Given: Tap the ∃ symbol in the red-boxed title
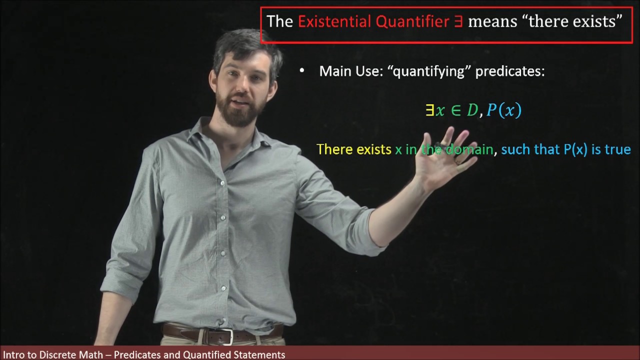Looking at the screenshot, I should click(458, 22).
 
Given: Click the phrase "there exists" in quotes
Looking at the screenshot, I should click(575, 21).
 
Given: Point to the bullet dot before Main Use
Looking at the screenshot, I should click(301, 71).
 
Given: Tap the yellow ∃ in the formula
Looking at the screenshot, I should click(429, 110).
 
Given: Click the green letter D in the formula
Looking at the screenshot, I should click(472, 110).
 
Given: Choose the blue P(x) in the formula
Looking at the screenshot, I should click(503, 110).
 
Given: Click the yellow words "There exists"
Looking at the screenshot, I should click(353, 149).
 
